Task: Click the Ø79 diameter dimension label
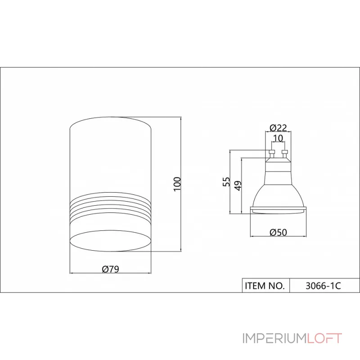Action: [110, 269]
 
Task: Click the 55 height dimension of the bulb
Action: [227, 181]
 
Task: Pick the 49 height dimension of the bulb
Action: [238, 185]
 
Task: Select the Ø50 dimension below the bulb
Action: [278, 233]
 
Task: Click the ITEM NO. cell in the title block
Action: [265, 286]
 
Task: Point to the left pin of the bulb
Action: [271, 154]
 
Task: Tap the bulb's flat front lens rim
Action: [278, 209]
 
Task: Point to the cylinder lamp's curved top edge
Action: [110, 118]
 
